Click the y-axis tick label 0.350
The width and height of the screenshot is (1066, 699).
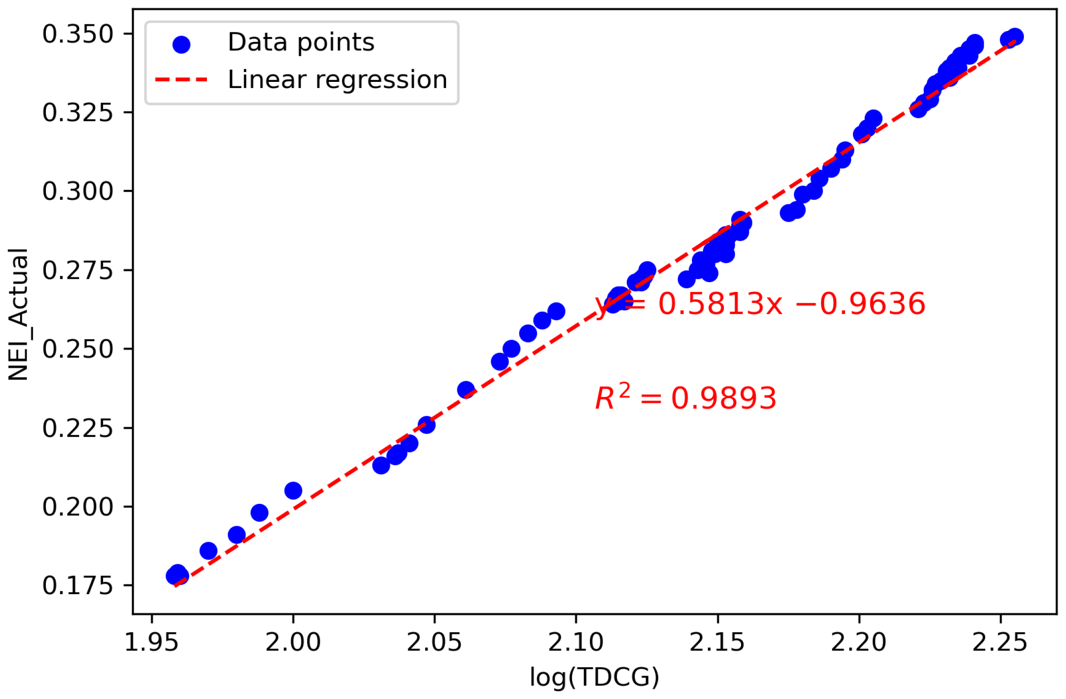[x=78, y=34]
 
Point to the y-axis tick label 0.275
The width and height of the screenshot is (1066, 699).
[x=78, y=270]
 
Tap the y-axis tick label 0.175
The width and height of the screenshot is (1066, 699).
[x=78, y=586]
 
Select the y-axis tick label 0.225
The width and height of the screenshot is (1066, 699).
[x=78, y=428]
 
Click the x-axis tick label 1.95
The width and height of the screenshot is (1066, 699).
[x=151, y=642]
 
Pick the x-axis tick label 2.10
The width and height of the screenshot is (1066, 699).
[x=576, y=642]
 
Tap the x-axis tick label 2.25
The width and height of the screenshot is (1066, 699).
[x=1000, y=642]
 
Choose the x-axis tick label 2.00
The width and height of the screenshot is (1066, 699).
[x=293, y=642]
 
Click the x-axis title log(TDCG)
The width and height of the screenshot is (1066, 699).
[x=594, y=677]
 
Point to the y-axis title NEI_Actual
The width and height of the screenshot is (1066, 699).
[x=19, y=314]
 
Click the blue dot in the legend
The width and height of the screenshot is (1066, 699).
[x=181, y=45]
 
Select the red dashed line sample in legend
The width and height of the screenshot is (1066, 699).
[x=181, y=80]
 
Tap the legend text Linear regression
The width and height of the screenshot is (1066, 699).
[x=337, y=80]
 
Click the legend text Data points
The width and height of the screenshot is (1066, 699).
[x=301, y=43]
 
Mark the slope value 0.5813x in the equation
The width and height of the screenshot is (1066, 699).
[x=720, y=304]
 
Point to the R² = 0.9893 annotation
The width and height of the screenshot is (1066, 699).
[x=685, y=398]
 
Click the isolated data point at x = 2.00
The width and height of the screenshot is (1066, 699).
[x=293, y=491]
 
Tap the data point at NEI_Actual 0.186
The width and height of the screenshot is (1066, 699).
[x=208, y=551]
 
